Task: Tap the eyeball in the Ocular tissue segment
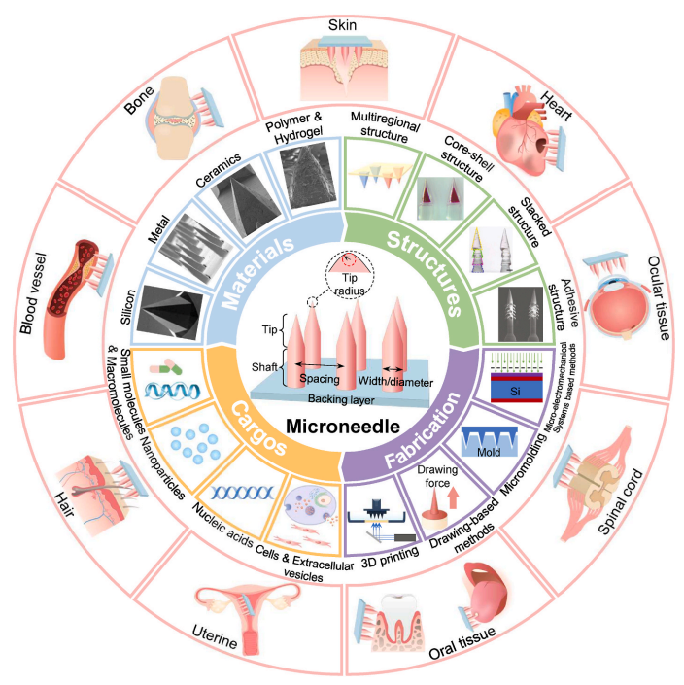[622, 305]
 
